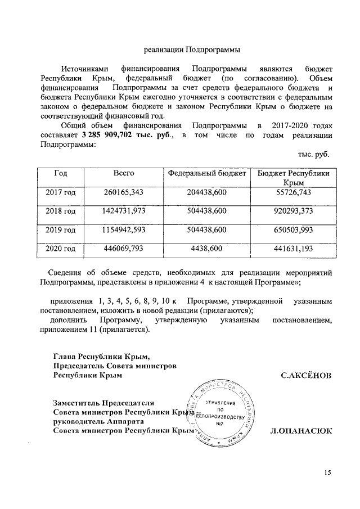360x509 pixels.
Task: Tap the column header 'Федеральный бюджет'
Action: (206, 174)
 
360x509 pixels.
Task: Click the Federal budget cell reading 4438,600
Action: (206, 249)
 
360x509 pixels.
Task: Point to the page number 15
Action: (327, 471)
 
